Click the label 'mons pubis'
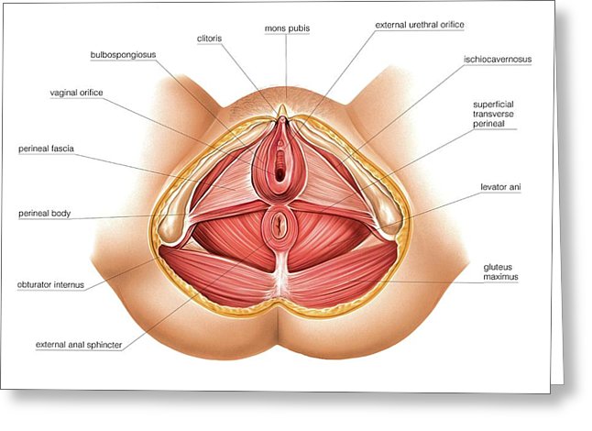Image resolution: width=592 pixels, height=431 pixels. [x=286, y=28]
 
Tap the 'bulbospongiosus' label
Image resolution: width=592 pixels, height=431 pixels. [x=123, y=55]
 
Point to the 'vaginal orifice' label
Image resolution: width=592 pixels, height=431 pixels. [x=78, y=92]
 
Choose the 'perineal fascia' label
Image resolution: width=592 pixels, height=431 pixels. [x=45, y=148]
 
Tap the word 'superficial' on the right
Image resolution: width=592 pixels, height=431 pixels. [x=494, y=105]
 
